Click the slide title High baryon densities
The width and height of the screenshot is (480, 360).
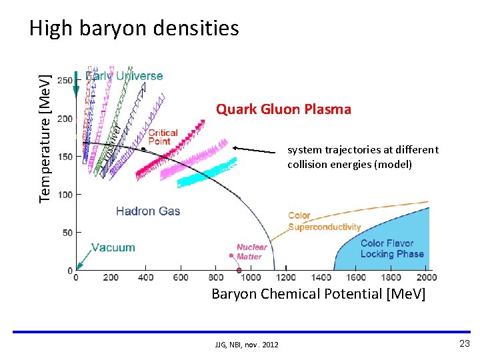[133, 28]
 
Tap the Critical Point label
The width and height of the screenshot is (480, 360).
[163, 137]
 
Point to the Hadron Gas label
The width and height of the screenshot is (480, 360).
[148, 211]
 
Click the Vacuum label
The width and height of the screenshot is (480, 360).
[113, 247]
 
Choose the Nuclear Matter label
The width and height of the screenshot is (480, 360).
[252, 251]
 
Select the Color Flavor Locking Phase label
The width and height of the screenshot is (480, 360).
[392, 249]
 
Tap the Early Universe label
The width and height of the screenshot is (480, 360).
[124, 76]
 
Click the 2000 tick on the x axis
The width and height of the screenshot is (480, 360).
[425, 277]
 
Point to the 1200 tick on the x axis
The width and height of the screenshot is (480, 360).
[286, 277]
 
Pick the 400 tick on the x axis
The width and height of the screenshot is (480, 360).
[146, 277]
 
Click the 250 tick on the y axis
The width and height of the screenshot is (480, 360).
[65, 80]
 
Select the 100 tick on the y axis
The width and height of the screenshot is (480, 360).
[65, 195]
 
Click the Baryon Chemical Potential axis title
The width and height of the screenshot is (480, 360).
[318, 294]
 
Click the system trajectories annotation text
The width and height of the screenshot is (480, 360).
[363, 157]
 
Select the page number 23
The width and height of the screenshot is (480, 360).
[464, 343]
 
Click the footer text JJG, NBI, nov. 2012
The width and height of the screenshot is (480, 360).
[247, 344]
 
